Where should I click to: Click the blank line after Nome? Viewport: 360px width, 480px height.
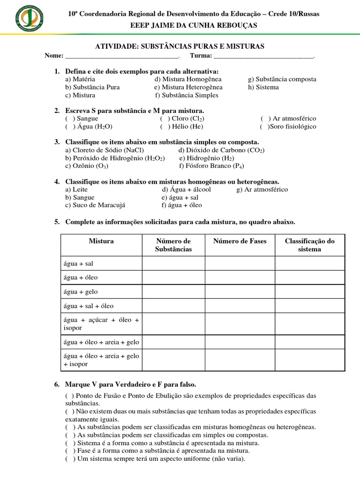point(122,56)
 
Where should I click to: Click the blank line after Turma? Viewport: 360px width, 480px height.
point(263,56)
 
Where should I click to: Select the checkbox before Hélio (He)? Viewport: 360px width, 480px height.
point(165,127)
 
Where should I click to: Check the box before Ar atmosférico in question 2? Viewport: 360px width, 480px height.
point(265,119)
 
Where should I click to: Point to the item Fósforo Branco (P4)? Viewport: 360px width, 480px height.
point(212,166)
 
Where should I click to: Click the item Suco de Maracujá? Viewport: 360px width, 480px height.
point(96,205)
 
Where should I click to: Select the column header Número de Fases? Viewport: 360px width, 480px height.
point(240,241)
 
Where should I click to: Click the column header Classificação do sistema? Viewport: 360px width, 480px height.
point(309,245)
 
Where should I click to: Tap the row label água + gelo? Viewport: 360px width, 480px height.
point(81,292)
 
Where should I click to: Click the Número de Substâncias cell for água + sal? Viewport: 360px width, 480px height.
point(173,263)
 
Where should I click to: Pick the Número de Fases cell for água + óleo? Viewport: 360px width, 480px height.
point(240,277)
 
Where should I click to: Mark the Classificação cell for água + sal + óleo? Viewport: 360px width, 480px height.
point(309,306)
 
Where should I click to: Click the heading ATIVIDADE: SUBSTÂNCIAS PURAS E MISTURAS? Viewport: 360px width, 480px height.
point(180,46)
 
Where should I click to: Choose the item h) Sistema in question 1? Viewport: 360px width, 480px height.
point(263,87)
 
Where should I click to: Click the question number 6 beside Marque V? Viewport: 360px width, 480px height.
point(57,384)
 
